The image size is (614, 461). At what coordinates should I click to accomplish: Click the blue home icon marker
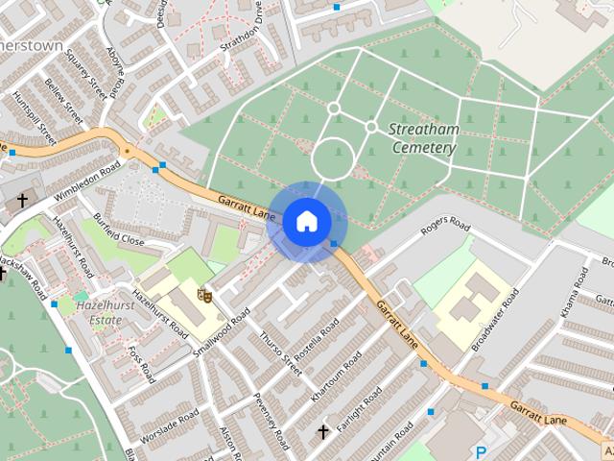pyautogui.click(x=305, y=221)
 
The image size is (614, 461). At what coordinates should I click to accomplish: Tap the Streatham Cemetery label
pyautogui.click(x=423, y=138)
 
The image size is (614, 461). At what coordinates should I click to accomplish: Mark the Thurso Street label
pyautogui.click(x=280, y=352)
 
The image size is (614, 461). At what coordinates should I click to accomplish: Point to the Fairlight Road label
pyautogui.click(x=359, y=409)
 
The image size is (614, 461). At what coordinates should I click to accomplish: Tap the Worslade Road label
pyautogui.click(x=168, y=426)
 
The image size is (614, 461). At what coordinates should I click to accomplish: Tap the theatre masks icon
pyautogui.click(x=202, y=296)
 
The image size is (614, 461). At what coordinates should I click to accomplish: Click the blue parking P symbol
pyautogui.click(x=482, y=452)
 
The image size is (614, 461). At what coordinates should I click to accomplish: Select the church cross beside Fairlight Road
pyautogui.click(x=323, y=431)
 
